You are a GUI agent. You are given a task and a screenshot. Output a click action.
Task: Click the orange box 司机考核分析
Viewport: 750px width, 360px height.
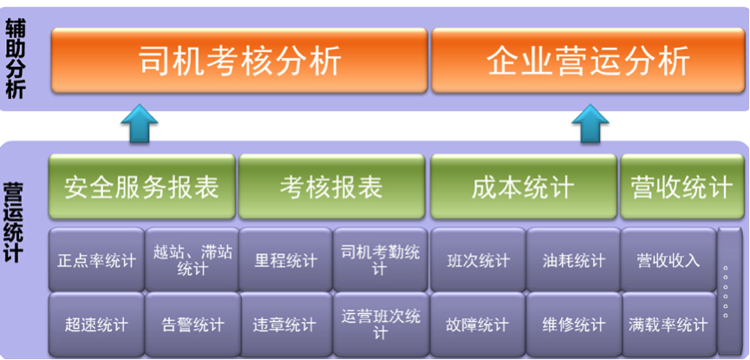(x=239, y=61)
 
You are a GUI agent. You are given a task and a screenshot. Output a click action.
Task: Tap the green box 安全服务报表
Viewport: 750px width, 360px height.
(x=141, y=187)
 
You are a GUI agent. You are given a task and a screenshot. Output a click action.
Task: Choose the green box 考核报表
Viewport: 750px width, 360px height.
(x=331, y=187)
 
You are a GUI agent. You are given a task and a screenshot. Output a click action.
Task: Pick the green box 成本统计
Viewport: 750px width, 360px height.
(x=524, y=187)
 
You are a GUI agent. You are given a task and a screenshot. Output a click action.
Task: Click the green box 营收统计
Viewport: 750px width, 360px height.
(x=682, y=187)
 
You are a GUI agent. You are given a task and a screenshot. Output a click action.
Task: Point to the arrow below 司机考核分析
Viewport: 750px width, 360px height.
(x=140, y=123)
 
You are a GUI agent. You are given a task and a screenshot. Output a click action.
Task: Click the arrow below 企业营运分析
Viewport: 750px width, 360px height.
(x=590, y=123)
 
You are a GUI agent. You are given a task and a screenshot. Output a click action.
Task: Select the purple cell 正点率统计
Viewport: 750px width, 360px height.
(x=96, y=259)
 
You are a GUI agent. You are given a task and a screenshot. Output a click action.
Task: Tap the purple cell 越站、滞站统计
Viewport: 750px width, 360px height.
(x=192, y=259)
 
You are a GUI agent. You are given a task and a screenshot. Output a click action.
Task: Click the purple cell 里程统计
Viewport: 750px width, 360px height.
(x=285, y=259)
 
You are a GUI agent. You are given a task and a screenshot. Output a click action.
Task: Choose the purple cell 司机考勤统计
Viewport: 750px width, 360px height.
(x=381, y=259)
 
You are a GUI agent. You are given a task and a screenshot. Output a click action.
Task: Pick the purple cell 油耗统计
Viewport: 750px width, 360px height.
(x=573, y=259)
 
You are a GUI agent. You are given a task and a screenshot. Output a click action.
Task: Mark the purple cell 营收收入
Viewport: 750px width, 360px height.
(x=668, y=259)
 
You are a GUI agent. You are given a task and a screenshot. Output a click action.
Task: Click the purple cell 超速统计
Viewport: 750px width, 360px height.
(x=96, y=324)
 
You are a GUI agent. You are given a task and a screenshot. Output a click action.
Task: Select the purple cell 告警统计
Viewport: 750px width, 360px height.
(x=192, y=324)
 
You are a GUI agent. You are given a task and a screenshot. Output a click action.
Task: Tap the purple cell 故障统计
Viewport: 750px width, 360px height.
(x=478, y=324)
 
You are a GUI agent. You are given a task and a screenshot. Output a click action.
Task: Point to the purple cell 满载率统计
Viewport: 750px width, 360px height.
(x=668, y=324)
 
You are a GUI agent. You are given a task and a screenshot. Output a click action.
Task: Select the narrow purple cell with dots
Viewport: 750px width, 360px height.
(x=730, y=292)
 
